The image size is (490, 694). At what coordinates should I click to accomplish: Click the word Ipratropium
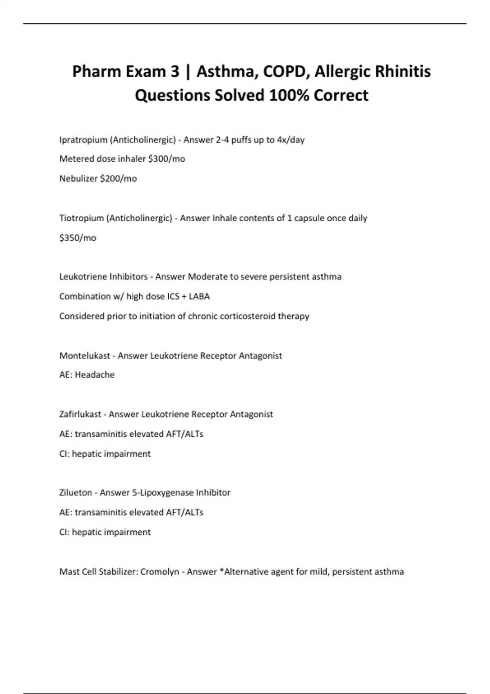coord(83,140)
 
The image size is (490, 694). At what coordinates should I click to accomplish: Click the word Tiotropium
coord(82,218)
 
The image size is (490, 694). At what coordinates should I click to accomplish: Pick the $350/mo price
coord(78,238)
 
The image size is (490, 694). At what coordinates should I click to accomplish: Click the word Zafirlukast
coord(80,414)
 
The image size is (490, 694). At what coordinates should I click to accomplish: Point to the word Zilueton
coord(76,493)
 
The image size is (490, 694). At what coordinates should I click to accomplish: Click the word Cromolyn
coord(160,572)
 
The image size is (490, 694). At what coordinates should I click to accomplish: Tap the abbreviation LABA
coord(199,296)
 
